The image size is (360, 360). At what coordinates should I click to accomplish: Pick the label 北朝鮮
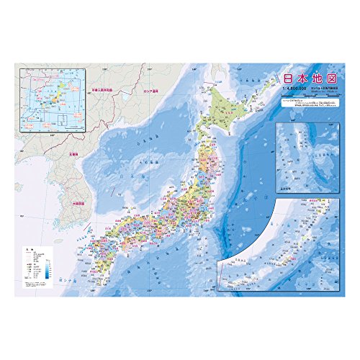pyautogui.click(x=73, y=153)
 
